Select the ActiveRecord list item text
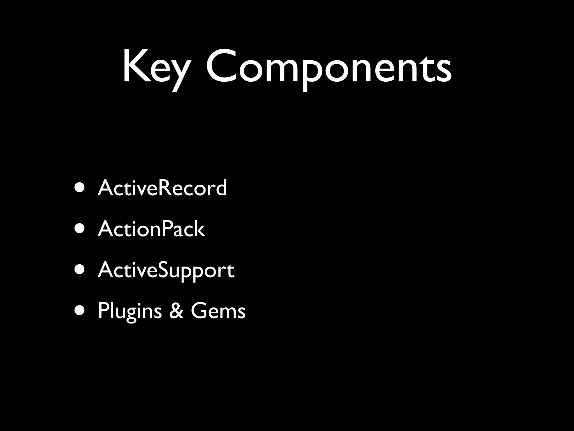click(162, 188)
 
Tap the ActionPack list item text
click(151, 229)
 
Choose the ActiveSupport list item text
click(166, 270)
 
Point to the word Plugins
click(129, 311)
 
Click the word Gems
click(218, 311)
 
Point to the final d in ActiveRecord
click(221, 187)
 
